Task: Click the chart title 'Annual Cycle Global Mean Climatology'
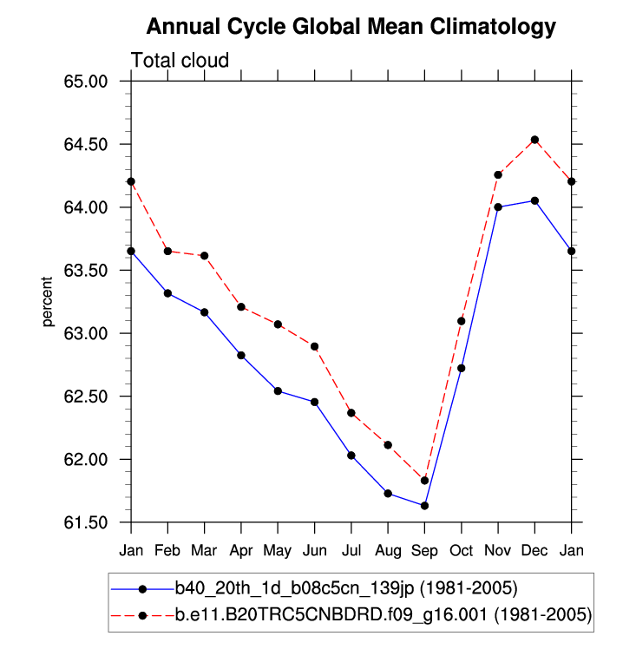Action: click(351, 27)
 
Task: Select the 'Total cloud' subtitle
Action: click(180, 61)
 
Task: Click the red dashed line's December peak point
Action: click(534, 140)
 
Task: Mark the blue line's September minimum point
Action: click(424, 506)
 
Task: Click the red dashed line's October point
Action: click(462, 321)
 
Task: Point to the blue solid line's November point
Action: click(498, 206)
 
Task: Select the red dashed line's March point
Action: click(205, 256)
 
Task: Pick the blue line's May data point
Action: click(278, 390)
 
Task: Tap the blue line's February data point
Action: click(167, 293)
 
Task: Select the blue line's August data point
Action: click(388, 494)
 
